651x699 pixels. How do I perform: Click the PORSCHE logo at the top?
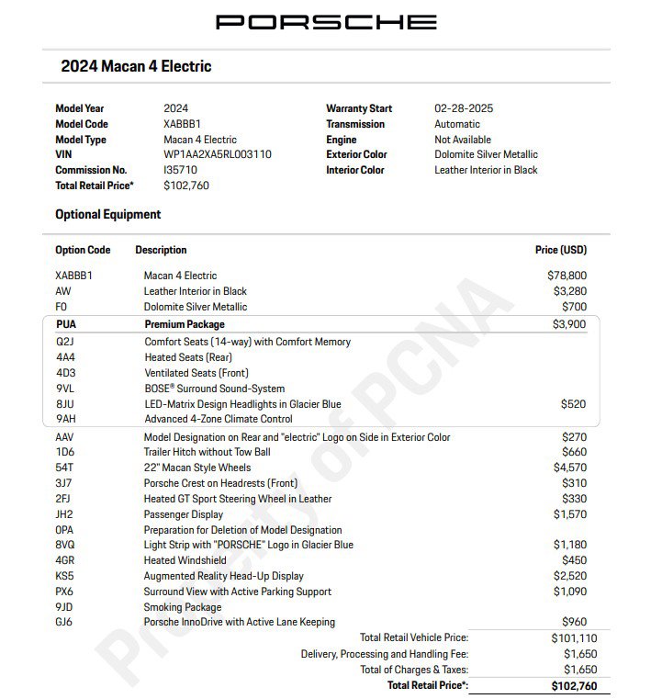(326, 21)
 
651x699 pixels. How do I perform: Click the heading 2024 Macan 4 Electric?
(136, 66)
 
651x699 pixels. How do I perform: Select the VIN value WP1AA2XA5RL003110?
(217, 154)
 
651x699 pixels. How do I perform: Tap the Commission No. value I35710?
(180, 170)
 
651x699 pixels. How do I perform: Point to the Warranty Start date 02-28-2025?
(464, 108)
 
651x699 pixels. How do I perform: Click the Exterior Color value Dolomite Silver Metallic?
(486, 154)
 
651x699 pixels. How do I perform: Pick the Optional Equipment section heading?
(107, 214)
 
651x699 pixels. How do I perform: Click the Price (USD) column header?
(560, 250)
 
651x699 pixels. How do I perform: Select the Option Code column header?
(83, 250)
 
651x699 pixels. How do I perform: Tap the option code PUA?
(65, 324)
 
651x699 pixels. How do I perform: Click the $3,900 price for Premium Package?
(568, 324)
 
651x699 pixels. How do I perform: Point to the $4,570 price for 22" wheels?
(568, 468)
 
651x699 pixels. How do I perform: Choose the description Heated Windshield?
(185, 560)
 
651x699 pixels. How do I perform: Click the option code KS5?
(64, 576)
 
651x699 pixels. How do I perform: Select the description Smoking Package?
(182, 607)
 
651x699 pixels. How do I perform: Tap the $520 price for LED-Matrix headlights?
(574, 403)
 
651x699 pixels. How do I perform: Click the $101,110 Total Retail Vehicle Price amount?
(573, 637)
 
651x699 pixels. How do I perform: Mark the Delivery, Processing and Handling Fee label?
(384, 654)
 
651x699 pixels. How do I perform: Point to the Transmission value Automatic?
(456, 124)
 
